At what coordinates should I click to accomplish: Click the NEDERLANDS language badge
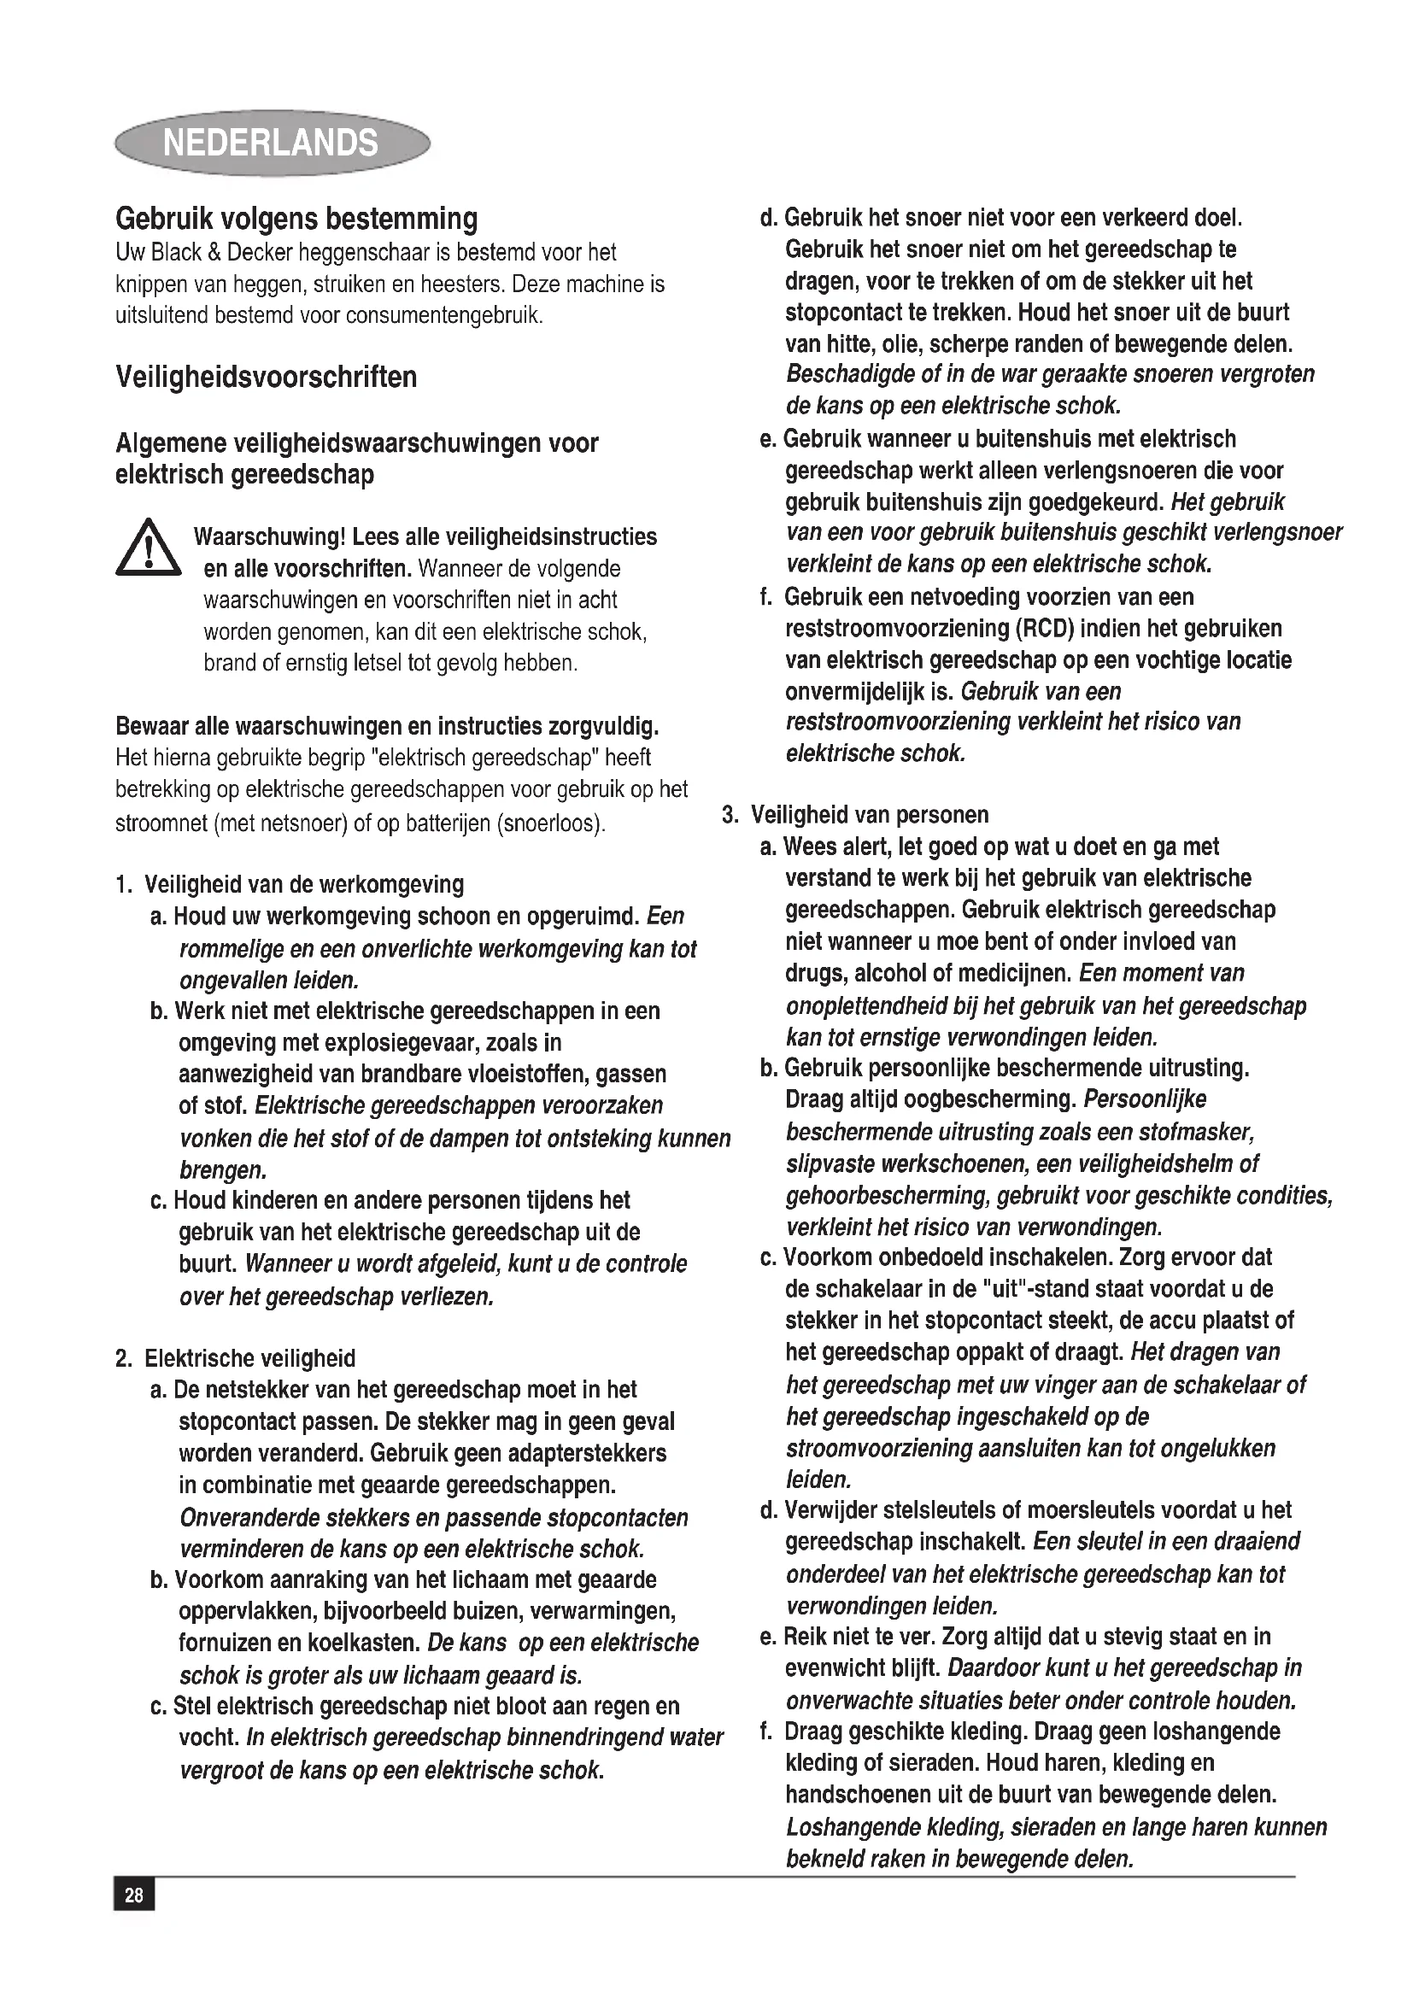tap(272, 143)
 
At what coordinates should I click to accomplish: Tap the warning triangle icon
tap(148, 549)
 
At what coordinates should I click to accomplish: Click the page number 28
tap(134, 1895)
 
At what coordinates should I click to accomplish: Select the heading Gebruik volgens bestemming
tap(296, 219)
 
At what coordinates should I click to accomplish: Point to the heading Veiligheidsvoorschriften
tap(267, 377)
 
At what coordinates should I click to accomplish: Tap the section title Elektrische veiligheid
tap(249, 1358)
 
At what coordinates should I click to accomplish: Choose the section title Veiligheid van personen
tap(869, 815)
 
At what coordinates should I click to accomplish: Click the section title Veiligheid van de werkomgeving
tap(303, 884)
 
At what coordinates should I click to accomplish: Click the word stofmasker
tap(1203, 1132)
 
